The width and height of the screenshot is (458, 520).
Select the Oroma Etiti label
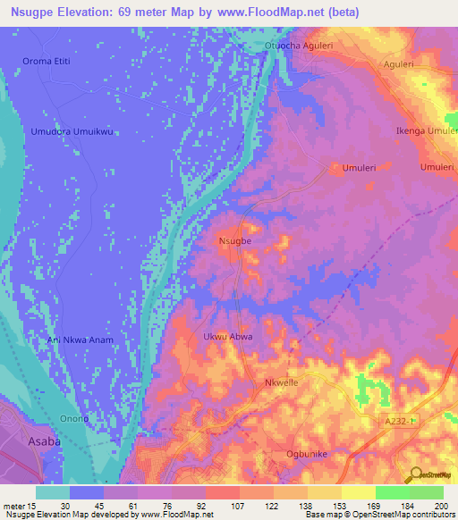click(x=47, y=62)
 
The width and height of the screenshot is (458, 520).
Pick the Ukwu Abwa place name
click(x=228, y=337)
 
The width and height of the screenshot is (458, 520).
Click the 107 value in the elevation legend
click(x=239, y=506)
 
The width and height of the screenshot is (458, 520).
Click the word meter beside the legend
click(x=13, y=506)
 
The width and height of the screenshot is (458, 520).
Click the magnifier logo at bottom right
click(x=414, y=474)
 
